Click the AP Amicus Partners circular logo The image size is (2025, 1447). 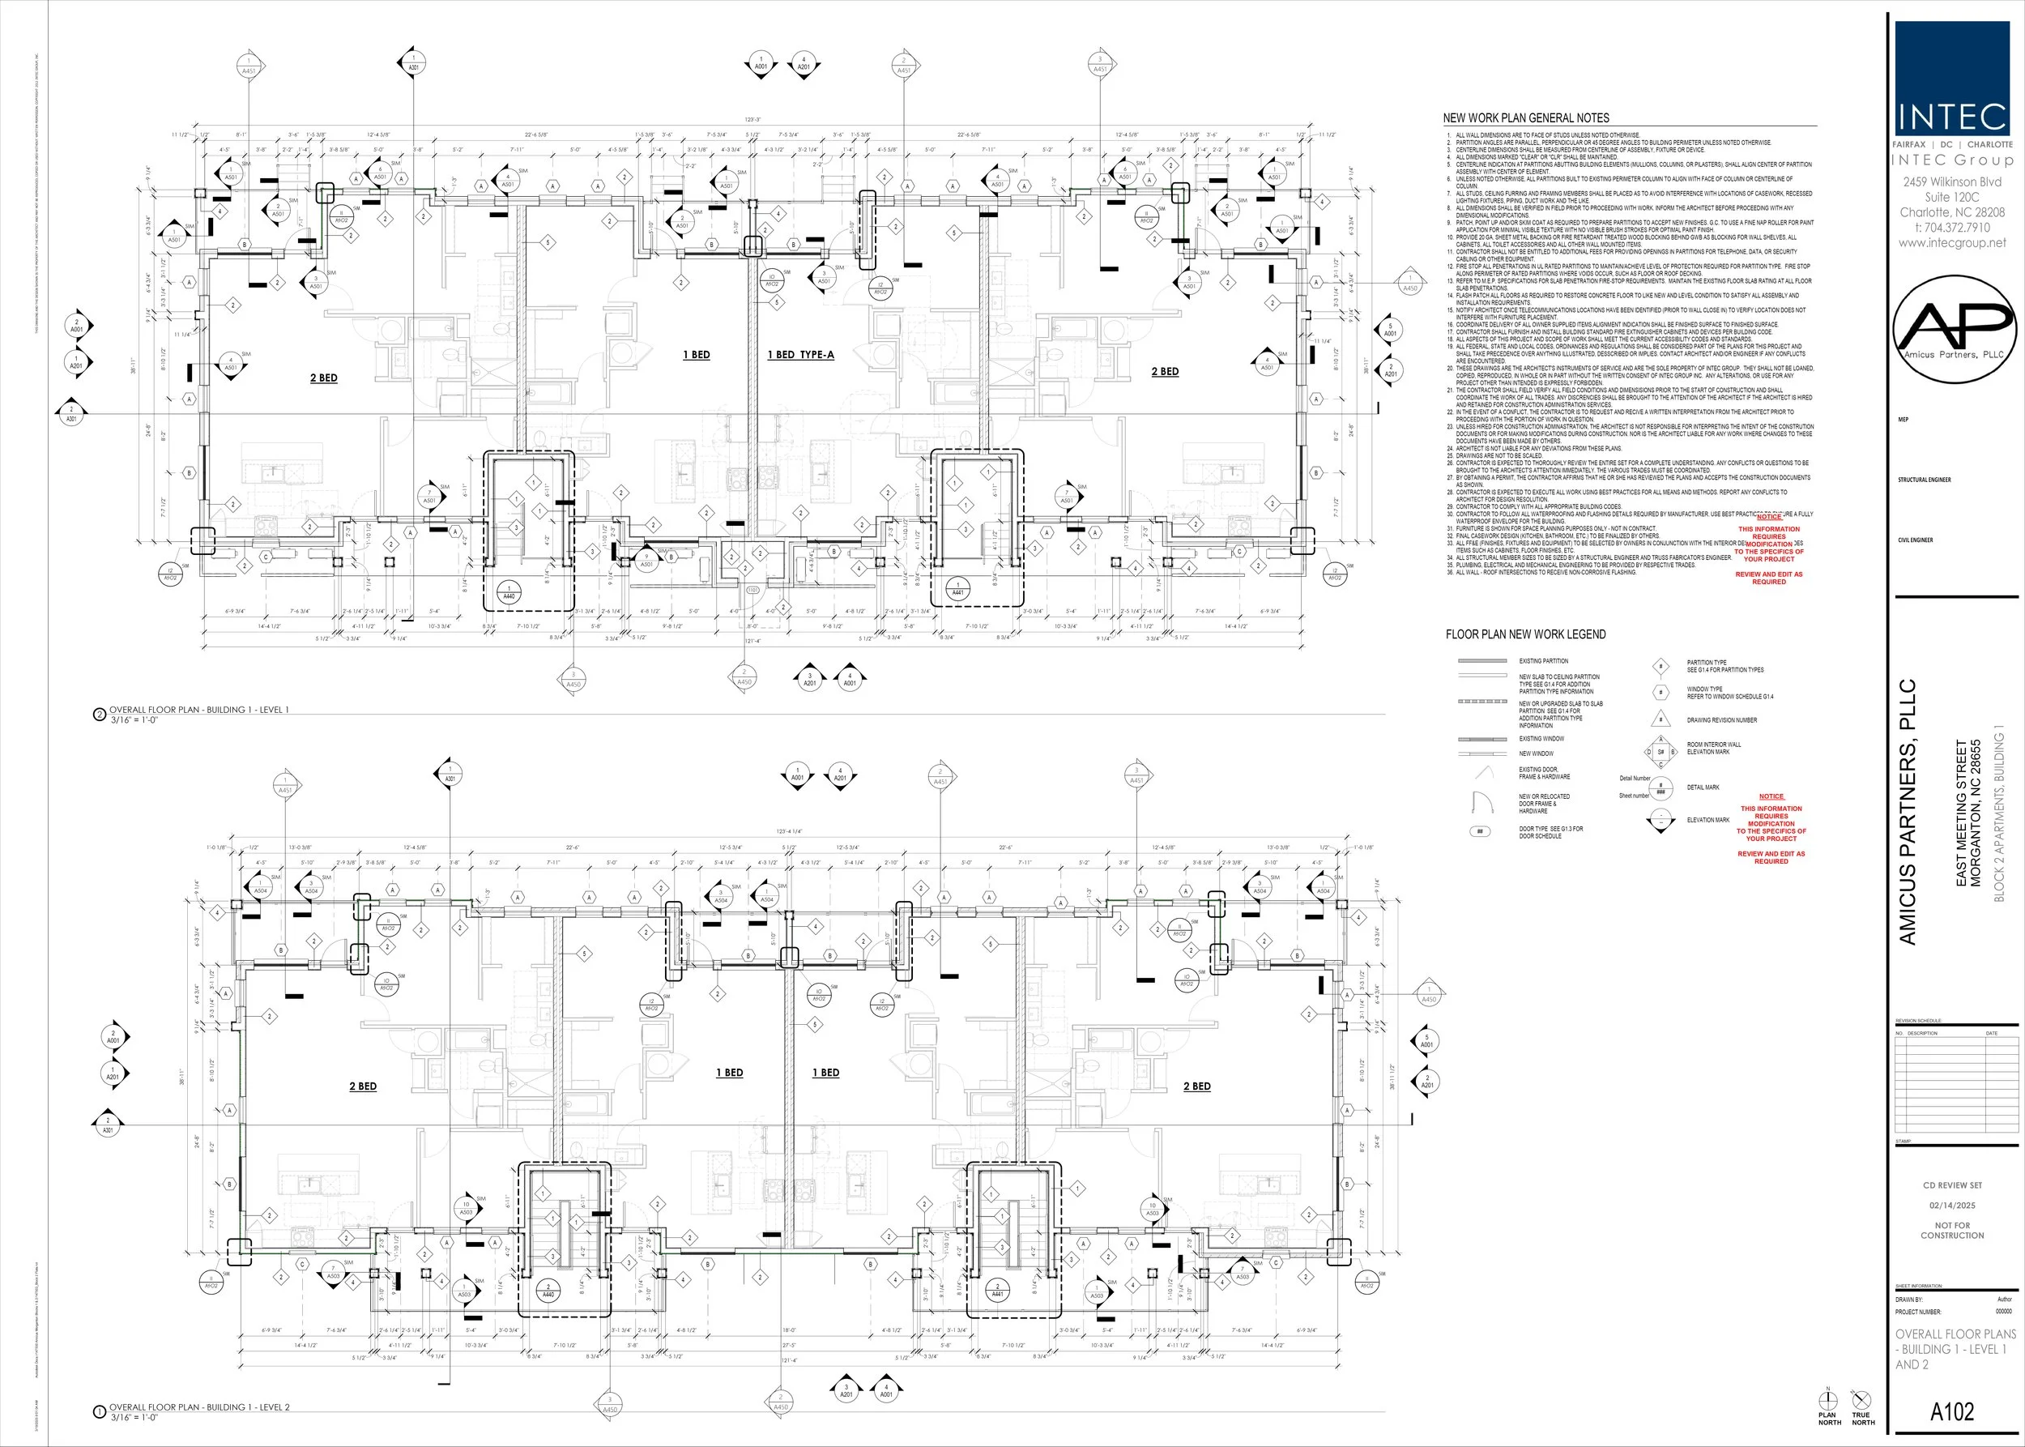pyautogui.click(x=1953, y=329)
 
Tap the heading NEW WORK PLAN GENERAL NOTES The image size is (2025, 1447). pyautogui.click(x=1526, y=117)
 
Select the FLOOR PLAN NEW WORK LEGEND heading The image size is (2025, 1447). pyautogui.click(x=1525, y=634)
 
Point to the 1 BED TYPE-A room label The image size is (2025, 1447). pyautogui.click(x=801, y=355)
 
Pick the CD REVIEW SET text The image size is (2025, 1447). pyautogui.click(x=1952, y=1185)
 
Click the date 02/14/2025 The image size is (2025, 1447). pyautogui.click(x=1952, y=1205)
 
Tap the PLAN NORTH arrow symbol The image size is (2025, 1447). pyautogui.click(x=1827, y=1402)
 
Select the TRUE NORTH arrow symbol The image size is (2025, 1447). pyautogui.click(x=1861, y=1402)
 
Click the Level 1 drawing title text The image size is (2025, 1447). pyautogui.click(x=198, y=711)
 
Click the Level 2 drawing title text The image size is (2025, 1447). pyautogui.click(x=198, y=1407)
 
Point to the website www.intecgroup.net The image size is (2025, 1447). pyautogui.click(x=1952, y=242)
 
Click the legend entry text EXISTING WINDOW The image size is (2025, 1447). pyautogui.click(x=1541, y=739)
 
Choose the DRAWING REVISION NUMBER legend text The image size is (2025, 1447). pyautogui.click(x=1721, y=720)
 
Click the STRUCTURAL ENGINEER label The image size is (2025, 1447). pyautogui.click(x=1925, y=480)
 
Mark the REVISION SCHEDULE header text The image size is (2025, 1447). pyautogui.click(x=1918, y=1021)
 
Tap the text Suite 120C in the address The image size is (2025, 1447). pyautogui.click(x=1952, y=197)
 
